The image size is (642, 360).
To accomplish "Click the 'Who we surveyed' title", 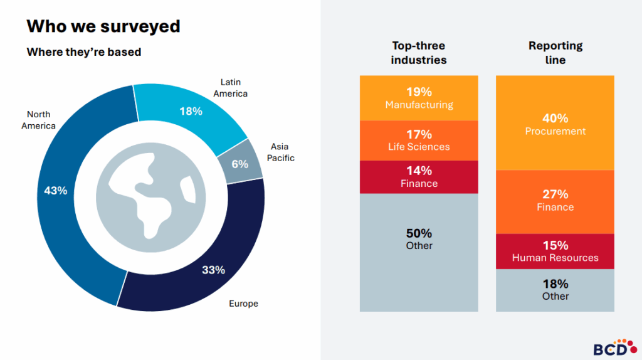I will tap(103, 26).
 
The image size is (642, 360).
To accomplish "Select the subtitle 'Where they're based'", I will tap(83, 52).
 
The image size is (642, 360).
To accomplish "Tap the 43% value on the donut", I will tap(56, 191).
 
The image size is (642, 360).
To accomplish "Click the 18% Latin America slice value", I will tap(191, 111).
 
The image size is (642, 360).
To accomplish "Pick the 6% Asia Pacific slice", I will tap(239, 164).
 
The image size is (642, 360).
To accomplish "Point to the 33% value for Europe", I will tap(213, 270).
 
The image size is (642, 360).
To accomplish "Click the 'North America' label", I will tap(38, 120).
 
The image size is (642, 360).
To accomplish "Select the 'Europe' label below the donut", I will tap(243, 304).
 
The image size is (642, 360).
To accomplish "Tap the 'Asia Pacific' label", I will tap(280, 152).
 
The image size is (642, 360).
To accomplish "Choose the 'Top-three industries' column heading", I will tap(419, 53).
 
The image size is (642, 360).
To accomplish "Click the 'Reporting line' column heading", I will tap(555, 53).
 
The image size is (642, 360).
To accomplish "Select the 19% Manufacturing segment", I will tap(419, 98).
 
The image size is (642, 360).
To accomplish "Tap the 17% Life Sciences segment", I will tap(419, 140).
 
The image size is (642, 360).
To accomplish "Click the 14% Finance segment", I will tap(419, 176).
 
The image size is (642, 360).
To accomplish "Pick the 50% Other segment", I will tap(419, 239).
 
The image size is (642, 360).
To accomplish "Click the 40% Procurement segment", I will tap(555, 124).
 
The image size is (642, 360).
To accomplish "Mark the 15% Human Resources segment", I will tap(555, 251).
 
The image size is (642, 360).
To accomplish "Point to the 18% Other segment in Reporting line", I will tap(555, 290).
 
